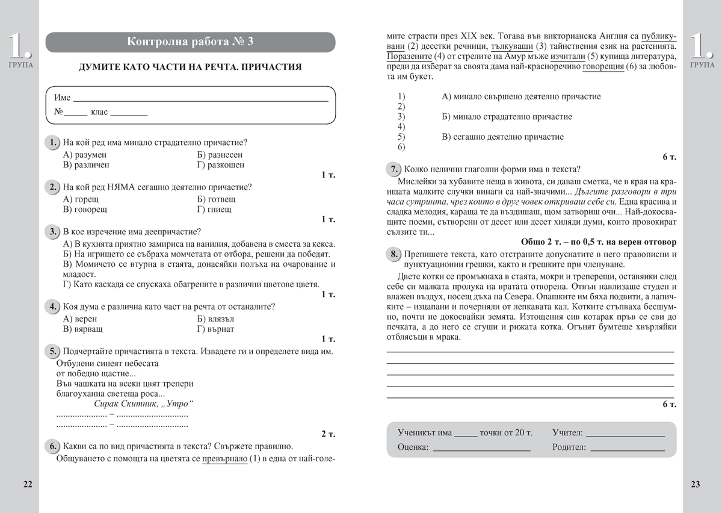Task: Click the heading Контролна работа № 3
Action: coord(191,42)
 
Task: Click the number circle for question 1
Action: coord(53,143)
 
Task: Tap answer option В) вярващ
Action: coord(82,329)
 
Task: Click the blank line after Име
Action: coord(200,98)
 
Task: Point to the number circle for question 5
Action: coord(53,352)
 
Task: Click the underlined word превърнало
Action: coord(224,459)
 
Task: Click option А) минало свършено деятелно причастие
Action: coord(521,96)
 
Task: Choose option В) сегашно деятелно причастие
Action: coord(502,137)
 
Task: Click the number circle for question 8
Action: coord(393,254)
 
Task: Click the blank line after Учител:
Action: coord(625,434)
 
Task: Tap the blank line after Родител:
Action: coord(628,449)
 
